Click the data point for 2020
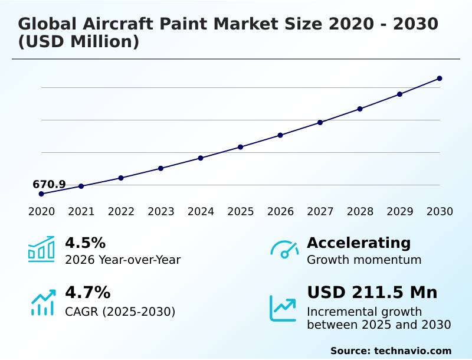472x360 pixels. (x=41, y=194)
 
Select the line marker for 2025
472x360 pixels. (x=240, y=147)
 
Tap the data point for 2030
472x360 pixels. (x=440, y=78)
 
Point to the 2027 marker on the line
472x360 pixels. (x=320, y=123)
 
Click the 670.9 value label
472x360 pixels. (x=49, y=185)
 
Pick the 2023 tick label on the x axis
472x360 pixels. (x=161, y=212)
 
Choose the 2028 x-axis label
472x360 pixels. (x=360, y=212)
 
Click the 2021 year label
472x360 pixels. (x=81, y=212)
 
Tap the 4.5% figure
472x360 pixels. (x=85, y=243)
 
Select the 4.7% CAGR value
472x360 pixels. (x=87, y=292)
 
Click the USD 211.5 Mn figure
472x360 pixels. (x=372, y=292)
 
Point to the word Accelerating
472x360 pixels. (x=359, y=243)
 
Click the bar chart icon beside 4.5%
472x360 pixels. (x=41, y=250)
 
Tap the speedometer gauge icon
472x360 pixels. (x=284, y=250)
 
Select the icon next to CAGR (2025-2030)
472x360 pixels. (x=42, y=302)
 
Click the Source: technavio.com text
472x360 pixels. (x=391, y=351)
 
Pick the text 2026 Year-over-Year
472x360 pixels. (x=123, y=260)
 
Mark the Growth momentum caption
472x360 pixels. (x=364, y=260)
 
